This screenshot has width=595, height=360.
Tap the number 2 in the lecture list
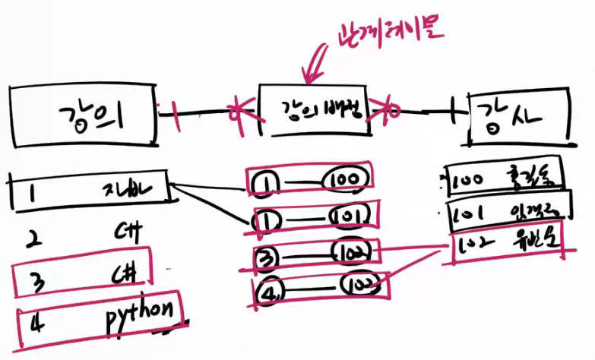[x=33, y=241]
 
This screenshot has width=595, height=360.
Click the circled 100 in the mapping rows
[x=345, y=179]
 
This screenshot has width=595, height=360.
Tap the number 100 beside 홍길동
[x=467, y=182]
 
